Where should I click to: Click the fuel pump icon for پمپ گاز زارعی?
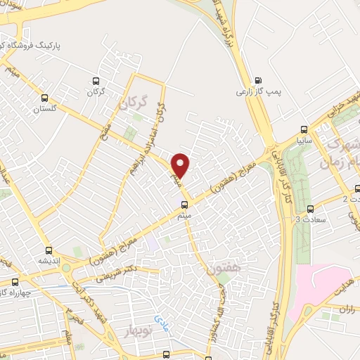(x=258, y=79)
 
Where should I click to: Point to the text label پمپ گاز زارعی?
(x=252, y=92)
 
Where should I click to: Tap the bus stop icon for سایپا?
(x=304, y=129)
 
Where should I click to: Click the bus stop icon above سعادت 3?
(x=310, y=208)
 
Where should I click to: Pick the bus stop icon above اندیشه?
(x=49, y=250)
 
